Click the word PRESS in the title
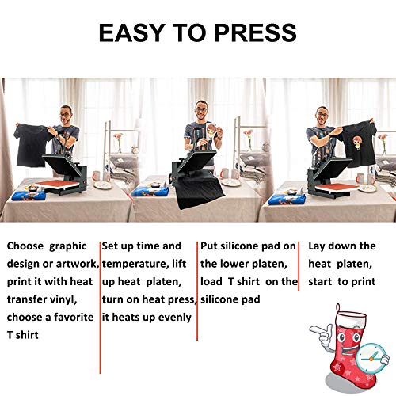click(255, 32)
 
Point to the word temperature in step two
click(135, 264)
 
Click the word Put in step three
click(210, 246)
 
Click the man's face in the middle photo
click(201, 110)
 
